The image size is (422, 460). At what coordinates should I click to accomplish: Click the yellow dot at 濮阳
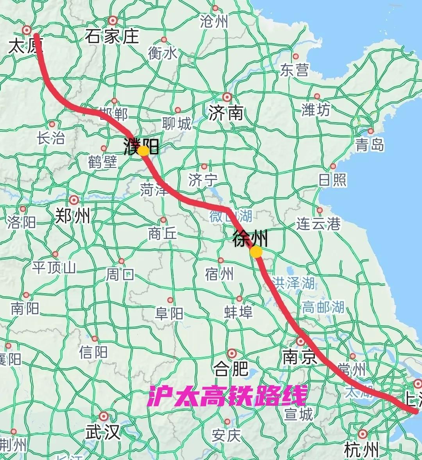143,151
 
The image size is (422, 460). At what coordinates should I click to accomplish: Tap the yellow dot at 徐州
256,252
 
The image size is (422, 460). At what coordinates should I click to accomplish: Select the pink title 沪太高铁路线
227,396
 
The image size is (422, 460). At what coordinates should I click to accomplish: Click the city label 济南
225,113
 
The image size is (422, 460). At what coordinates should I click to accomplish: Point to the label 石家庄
112,37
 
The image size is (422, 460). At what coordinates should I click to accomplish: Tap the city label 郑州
73,215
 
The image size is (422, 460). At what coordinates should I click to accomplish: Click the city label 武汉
102,432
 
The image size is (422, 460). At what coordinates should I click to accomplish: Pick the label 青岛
370,145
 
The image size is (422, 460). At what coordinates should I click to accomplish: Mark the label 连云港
318,224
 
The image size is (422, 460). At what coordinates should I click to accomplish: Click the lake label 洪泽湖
293,283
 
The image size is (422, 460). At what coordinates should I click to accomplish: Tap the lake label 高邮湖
323,307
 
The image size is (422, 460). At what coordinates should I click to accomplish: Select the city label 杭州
361,450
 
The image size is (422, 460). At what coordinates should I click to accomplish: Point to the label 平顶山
54,267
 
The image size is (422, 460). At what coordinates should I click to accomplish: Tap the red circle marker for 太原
27,30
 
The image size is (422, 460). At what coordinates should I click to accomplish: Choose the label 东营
294,70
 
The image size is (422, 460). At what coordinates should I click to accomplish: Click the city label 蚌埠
238,312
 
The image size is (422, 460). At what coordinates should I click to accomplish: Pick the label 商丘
163,234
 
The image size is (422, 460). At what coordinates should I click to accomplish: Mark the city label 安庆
226,435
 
